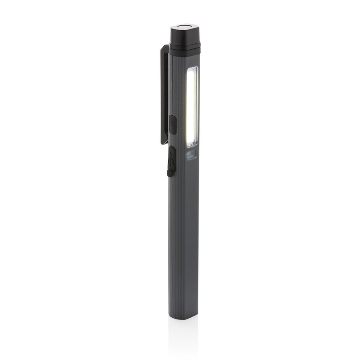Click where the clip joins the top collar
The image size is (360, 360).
(x=167, y=48)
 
